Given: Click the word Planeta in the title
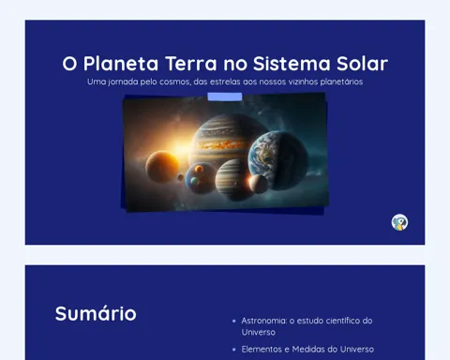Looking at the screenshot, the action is point(121,64).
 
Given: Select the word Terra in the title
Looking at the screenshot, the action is point(190,64).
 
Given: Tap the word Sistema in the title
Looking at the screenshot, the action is point(292,64).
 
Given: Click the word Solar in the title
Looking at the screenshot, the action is point(362,64).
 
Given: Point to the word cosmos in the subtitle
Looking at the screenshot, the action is point(174,82).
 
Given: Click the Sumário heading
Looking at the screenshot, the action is point(96,313).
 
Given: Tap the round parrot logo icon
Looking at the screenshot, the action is point(399,222).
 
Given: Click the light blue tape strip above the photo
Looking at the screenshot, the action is point(225,97).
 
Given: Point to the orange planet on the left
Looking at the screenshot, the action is point(162,166).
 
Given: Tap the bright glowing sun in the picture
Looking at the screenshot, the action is point(181,147).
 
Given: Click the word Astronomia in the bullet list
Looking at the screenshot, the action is point(264,321).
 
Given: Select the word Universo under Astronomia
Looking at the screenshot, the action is point(259,332).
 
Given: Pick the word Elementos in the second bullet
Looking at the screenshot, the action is point(262,349).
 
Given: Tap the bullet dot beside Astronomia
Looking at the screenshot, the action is point(234,321).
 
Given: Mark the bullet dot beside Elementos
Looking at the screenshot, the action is point(234,350).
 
